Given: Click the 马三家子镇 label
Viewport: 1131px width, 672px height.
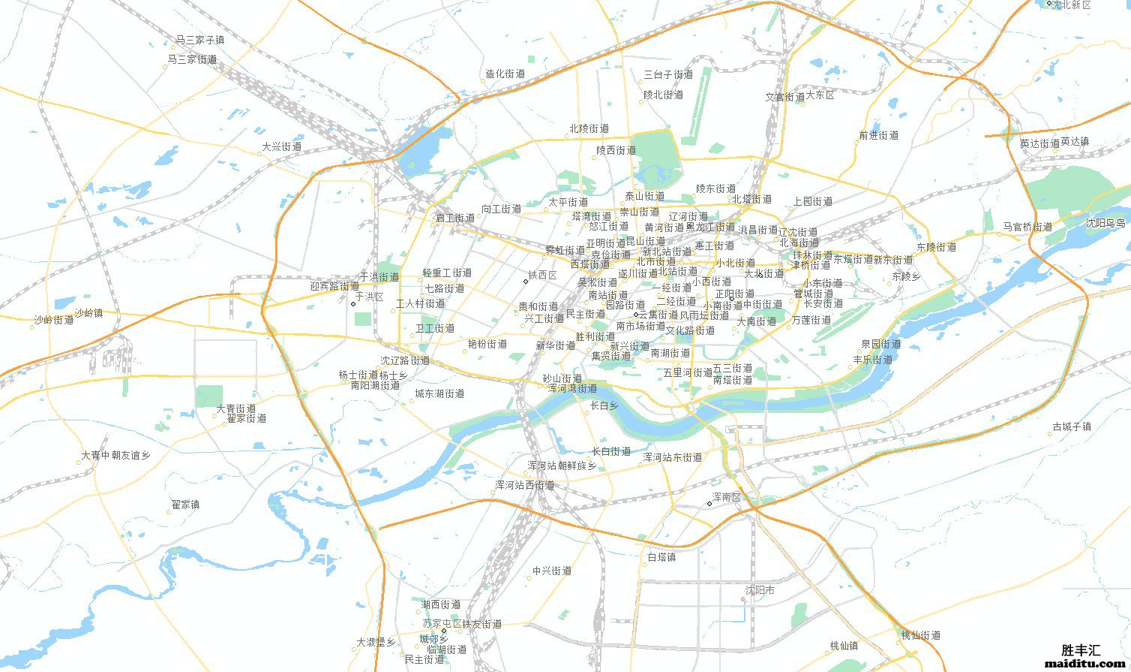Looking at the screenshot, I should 200,40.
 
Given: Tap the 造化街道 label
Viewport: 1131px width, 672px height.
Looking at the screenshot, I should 505,74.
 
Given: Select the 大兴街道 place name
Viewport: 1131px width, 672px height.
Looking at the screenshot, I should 281,147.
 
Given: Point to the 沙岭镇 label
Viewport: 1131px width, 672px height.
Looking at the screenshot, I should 88,313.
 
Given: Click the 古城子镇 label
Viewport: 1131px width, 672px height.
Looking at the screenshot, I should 1072,426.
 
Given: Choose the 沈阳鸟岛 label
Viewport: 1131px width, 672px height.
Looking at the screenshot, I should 1105,223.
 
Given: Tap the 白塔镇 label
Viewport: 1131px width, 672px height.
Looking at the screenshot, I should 661,557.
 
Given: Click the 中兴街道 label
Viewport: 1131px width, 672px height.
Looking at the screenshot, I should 552,571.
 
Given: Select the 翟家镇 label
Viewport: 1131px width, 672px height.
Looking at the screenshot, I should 185,505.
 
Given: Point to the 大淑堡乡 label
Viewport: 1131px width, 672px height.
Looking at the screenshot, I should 376,643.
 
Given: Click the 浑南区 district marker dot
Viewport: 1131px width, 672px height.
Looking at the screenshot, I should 709,503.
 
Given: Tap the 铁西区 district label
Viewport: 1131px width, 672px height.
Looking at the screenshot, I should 543,276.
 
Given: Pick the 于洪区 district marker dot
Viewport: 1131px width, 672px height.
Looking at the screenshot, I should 353,304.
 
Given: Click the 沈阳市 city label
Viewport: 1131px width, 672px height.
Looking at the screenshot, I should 760,591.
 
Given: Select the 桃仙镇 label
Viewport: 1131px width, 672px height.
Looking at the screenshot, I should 844,646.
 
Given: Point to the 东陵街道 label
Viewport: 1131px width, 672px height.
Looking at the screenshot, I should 936,247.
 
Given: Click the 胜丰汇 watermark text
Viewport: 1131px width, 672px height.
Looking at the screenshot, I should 1081,650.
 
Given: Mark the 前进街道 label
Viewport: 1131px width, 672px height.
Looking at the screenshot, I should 878,136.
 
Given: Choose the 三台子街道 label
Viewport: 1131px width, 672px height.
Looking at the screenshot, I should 668,75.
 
